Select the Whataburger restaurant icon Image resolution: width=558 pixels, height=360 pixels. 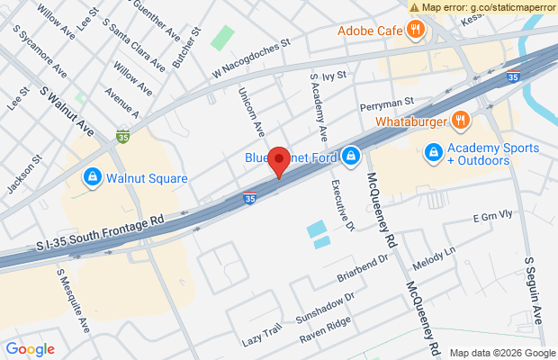click(460, 120)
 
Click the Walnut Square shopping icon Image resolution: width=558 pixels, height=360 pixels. click(91, 177)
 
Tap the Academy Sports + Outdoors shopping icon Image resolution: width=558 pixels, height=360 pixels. click(434, 154)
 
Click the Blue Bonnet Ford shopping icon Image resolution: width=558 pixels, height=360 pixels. click(350, 157)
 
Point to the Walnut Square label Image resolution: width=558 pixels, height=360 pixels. click(147, 178)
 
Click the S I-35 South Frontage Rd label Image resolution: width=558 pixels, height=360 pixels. click(101, 231)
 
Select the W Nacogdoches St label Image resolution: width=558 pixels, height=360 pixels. click(253, 55)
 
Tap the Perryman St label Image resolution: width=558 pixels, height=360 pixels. click(386, 104)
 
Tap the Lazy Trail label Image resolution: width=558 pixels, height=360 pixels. click(263, 337)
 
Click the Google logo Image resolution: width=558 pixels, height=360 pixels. click(31, 349)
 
